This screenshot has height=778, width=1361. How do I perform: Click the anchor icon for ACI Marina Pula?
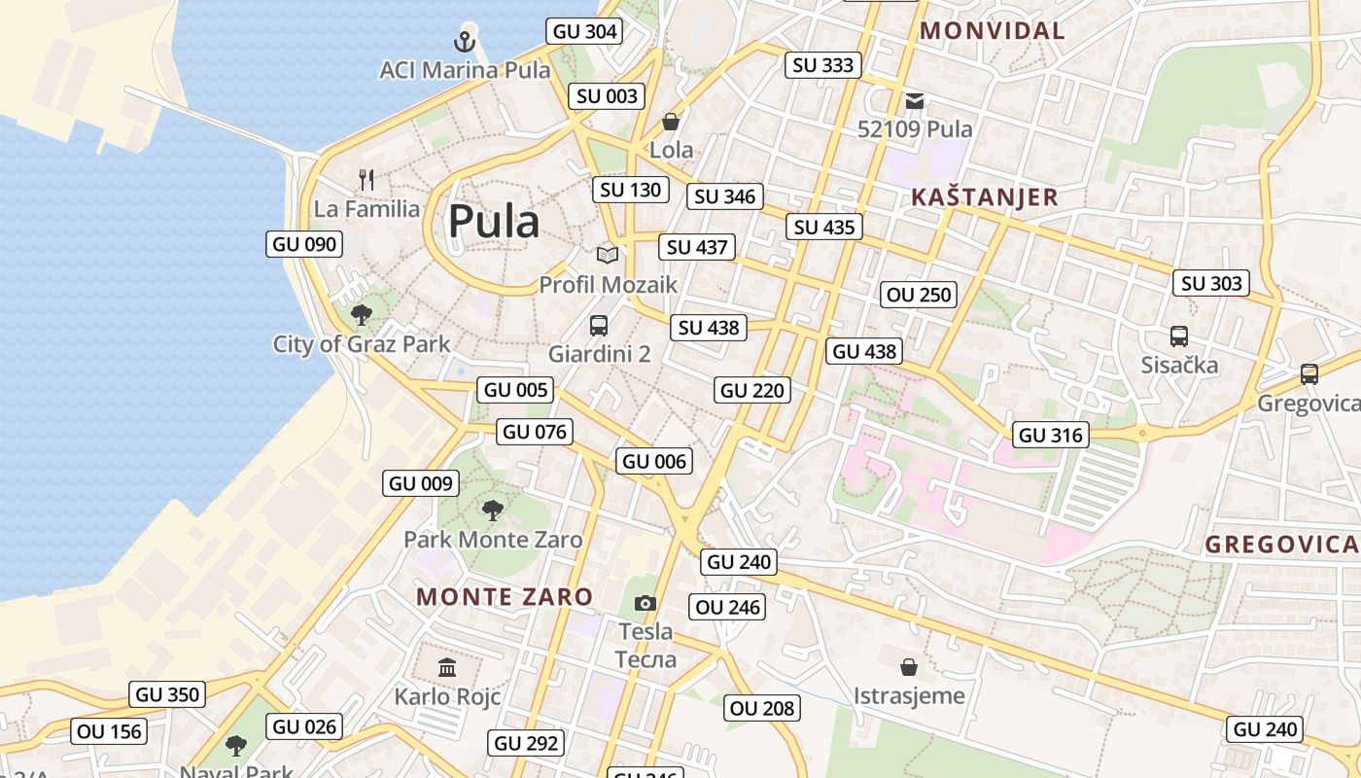tap(465, 41)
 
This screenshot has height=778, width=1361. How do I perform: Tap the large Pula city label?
tap(493, 222)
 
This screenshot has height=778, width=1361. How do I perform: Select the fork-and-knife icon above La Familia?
tap(366, 179)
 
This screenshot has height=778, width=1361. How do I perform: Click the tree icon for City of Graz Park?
tap(362, 314)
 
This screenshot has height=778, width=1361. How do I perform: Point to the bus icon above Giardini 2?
tap(599, 325)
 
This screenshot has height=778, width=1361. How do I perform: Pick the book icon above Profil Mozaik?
tap(608, 255)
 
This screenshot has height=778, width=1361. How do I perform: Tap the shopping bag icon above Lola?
tap(671, 122)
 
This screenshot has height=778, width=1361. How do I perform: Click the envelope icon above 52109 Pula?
tap(914, 100)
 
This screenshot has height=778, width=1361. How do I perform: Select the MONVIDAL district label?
tap(993, 30)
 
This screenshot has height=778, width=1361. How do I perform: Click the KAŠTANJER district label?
tap(984, 197)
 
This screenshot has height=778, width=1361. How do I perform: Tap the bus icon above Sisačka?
tap(1179, 336)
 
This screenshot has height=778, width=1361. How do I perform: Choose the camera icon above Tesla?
tap(646, 604)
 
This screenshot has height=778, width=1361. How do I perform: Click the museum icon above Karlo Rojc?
tap(447, 667)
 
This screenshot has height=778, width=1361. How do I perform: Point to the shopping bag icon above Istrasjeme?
tap(909, 667)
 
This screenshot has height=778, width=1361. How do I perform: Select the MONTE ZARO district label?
tap(505, 596)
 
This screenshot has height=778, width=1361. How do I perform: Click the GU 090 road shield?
tap(304, 244)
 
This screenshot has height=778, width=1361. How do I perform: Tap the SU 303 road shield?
tap(1211, 283)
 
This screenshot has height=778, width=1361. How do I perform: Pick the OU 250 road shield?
tap(920, 295)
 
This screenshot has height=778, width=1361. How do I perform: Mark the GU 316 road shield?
tap(1050, 435)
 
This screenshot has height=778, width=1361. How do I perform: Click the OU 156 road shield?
tap(109, 731)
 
